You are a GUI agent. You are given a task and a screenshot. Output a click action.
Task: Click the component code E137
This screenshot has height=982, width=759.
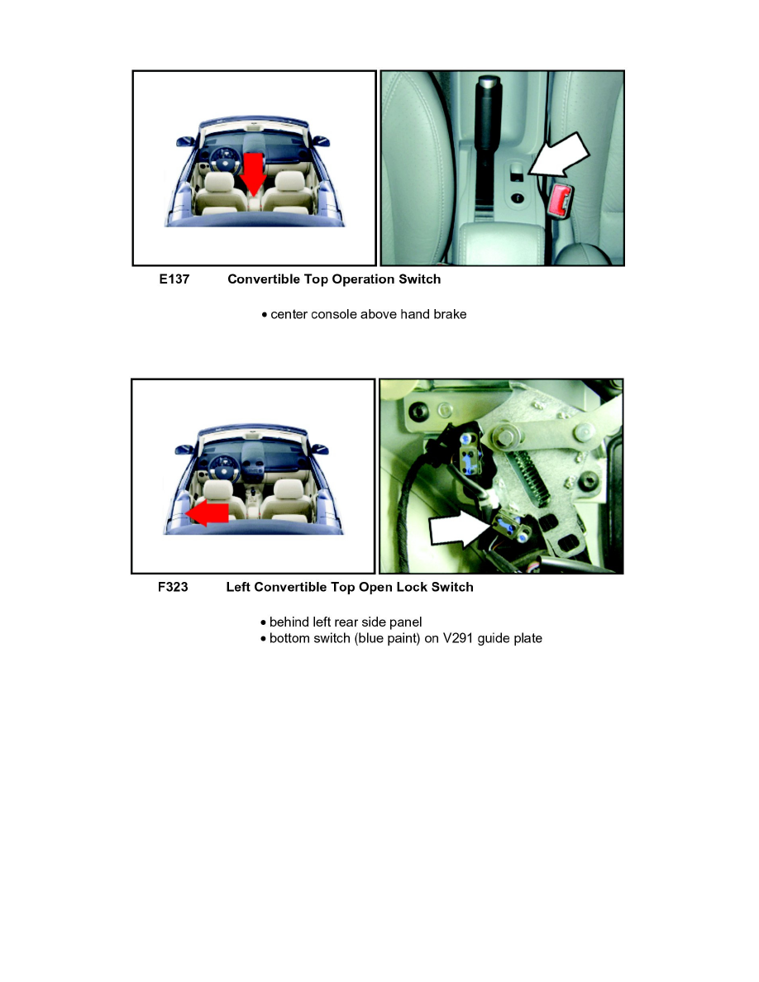[x=174, y=279]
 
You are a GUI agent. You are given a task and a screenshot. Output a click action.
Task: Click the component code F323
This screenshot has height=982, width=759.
[x=173, y=588]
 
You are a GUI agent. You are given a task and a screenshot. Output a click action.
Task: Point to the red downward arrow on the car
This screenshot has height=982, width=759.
[x=253, y=171]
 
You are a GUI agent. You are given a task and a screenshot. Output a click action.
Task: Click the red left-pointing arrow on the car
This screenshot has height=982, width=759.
[x=207, y=513]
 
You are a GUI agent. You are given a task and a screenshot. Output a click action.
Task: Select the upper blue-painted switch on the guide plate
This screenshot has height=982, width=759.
[x=468, y=450]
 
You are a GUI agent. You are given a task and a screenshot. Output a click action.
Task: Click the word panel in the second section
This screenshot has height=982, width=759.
[x=405, y=622]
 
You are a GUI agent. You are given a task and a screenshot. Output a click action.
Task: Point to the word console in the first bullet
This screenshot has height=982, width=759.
[x=335, y=315]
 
